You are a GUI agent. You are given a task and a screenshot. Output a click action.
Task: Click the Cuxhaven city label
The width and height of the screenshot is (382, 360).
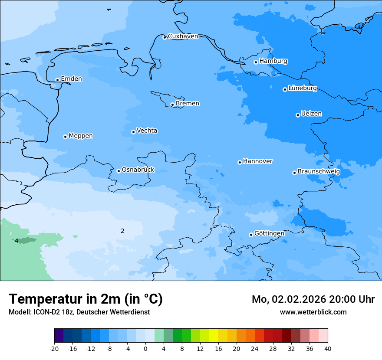coord(183,36)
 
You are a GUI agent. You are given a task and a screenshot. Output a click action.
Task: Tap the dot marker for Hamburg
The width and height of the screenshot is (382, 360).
coord(256,62)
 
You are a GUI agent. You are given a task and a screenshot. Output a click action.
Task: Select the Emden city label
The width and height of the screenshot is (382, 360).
coord(71,79)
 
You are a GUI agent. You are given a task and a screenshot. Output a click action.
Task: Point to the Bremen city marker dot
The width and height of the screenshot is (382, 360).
coord(172,105)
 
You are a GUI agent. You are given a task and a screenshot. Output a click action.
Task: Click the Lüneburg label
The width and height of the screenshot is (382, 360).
coord(302,88)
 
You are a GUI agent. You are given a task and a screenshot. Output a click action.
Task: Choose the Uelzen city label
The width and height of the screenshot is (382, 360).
coord(311,114)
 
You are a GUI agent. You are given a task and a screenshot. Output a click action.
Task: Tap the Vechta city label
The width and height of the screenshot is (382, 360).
coord(147,131)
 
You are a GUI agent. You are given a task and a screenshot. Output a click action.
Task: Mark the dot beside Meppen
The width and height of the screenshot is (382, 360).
coord(65,137)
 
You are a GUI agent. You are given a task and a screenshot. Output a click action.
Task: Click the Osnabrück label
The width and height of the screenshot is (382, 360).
coord(138,170)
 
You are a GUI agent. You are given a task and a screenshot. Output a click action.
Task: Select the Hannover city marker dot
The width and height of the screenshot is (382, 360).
coord(240,162)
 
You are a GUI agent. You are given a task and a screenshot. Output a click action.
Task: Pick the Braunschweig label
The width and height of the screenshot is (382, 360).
coord(319,172)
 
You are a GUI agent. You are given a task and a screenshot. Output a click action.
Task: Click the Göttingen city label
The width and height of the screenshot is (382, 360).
coord(269,234)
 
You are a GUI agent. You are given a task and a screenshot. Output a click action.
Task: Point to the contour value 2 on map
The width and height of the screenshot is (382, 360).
coord(122,231)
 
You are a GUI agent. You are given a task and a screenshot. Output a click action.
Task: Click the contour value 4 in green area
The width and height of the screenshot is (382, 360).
coord(16,241)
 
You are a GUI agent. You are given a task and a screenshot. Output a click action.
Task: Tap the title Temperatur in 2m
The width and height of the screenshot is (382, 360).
coord(86,299)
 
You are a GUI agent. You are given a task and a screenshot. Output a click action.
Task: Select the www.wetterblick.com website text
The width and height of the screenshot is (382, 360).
coord(313,312)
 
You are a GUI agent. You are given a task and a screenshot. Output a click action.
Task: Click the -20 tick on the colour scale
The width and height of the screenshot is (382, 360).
coord(54,349)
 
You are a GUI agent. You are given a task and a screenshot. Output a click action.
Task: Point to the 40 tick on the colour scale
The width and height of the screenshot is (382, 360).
coord(327,349)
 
